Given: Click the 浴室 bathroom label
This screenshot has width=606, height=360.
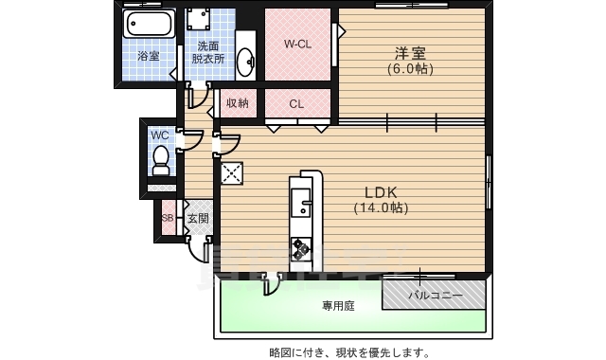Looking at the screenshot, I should click(x=147, y=56).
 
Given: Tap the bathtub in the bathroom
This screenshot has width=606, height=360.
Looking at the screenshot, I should click(x=147, y=25).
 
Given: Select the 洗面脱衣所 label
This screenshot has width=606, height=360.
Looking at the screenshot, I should click(x=208, y=51).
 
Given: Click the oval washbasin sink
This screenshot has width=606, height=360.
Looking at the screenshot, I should click(x=245, y=61).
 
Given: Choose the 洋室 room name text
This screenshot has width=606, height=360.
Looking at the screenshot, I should click(x=409, y=54).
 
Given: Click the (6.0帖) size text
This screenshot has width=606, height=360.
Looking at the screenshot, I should click(x=409, y=69).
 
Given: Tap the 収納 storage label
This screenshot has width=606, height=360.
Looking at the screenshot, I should click(x=237, y=102).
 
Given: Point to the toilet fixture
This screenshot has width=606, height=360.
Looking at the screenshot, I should click(x=160, y=161).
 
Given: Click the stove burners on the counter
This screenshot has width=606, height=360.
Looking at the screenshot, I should click(x=300, y=248).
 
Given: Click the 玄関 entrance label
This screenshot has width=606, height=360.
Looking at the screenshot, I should click(x=197, y=219).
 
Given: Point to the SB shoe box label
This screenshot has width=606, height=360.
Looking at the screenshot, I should click(x=168, y=218).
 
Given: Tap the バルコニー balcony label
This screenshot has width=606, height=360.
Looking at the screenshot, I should click(x=435, y=296).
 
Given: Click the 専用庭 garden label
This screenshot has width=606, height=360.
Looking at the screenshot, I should click(x=337, y=306).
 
